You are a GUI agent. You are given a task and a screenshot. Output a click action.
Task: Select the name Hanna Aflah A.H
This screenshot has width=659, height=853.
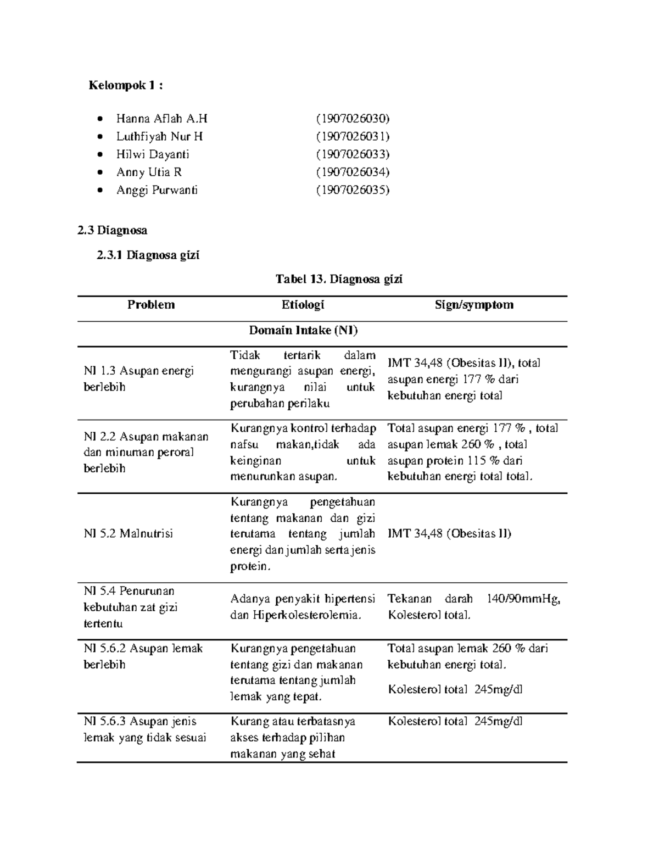(x=161, y=119)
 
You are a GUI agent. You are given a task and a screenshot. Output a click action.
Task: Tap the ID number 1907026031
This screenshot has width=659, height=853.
(x=353, y=136)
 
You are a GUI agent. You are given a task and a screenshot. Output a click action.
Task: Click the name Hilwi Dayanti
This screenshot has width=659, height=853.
(x=152, y=154)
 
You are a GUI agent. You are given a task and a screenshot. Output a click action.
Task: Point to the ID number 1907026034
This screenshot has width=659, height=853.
(x=353, y=172)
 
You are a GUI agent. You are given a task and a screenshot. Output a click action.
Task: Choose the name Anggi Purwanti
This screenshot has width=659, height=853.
(x=157, y=190)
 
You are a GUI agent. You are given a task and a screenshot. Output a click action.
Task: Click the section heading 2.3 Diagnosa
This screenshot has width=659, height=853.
(x=113, y=230)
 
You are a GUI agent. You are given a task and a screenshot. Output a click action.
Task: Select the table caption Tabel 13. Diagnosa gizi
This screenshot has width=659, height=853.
(x=339, y=279)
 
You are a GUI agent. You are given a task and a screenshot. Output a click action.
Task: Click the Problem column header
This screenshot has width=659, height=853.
(x=151, y=305)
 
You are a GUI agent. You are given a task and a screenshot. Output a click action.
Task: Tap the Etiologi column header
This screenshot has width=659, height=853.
(x=303, y=305)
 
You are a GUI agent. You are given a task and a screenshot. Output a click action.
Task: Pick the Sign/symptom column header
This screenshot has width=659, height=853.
(x=474, y=305)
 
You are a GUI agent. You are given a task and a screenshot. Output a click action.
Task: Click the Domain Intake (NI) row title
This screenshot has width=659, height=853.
(x=303, y=330)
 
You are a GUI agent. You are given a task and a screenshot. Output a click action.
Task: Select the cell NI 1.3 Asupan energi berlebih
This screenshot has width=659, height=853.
(x=138, y=379)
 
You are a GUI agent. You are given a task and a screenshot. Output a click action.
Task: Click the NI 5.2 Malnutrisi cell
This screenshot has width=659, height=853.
(x=128, y=533)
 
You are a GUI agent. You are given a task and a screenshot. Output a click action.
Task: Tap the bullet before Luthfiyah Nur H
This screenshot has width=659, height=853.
(x=99, y=137)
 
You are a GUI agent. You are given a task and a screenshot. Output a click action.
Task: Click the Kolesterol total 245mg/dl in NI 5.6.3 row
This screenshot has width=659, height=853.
(x=455, y=721)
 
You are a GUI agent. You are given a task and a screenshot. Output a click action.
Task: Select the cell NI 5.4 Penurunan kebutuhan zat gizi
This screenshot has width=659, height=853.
(x=131, y=607)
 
